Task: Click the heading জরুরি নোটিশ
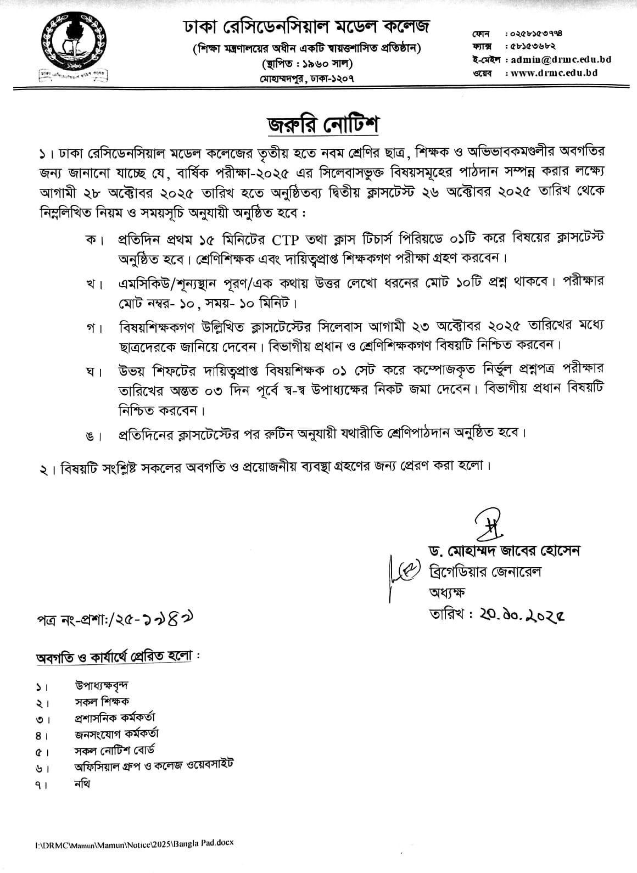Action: pos(323,125)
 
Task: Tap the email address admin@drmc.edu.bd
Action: pos(561,59)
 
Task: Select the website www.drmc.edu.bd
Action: pos(554,72)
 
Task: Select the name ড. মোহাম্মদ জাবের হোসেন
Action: pos(505,551)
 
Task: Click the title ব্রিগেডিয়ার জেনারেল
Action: pos(485,572)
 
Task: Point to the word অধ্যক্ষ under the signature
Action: pos(447,592)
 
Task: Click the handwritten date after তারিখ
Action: pos(521,614)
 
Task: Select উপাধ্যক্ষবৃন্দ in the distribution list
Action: pos(102,685)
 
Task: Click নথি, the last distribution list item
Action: pos(82,783)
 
